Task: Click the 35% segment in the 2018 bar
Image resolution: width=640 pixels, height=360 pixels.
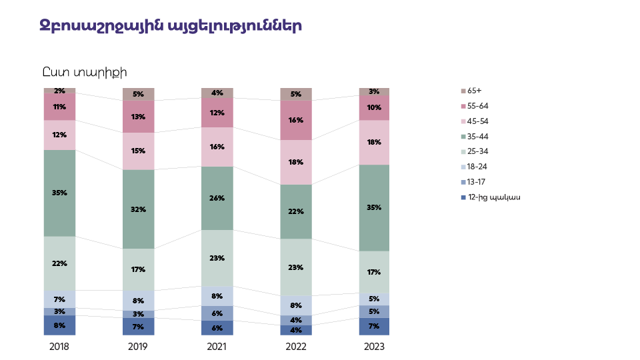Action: pos(59,193)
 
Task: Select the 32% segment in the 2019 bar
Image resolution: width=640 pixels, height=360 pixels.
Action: pos(138,209)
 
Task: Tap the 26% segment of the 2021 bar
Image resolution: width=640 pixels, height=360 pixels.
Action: pos(217,198)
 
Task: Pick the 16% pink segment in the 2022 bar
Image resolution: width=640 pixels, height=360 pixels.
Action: pos(295,120)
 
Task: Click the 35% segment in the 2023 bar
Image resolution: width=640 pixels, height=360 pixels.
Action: pos(374,207)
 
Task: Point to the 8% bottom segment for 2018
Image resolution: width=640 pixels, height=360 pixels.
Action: pos(59,325)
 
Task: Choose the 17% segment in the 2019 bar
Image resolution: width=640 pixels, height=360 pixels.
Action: pos(138,269)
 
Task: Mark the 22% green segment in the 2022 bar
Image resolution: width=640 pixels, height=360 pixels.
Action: pos(295,211)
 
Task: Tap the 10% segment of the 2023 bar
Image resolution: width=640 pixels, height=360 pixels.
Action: pos(374,107)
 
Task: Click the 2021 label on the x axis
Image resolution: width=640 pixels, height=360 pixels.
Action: pos(217,347)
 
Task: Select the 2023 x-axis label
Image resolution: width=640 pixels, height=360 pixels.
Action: pos(374,347)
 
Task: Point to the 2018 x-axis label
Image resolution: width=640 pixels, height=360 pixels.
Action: pos(59,347)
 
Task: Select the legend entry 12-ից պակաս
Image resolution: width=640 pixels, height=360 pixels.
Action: pos(493,197)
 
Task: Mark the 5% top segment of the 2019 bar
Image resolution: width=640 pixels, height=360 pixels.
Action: pos(138,94)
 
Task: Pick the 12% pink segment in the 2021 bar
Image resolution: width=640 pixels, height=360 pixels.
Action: pos(217,113)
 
